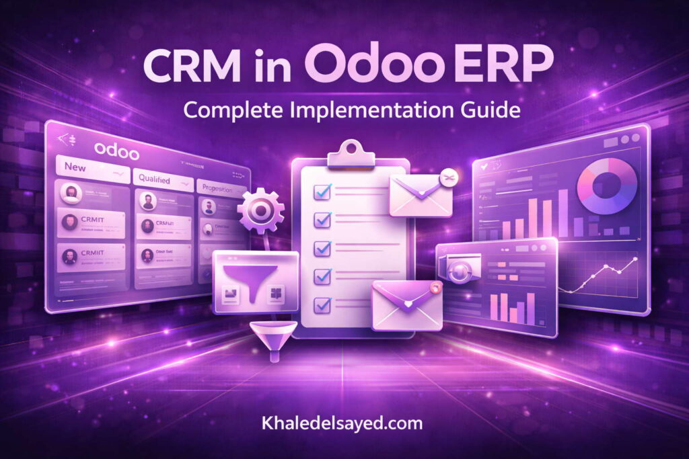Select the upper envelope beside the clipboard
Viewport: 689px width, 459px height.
coord(420,195)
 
